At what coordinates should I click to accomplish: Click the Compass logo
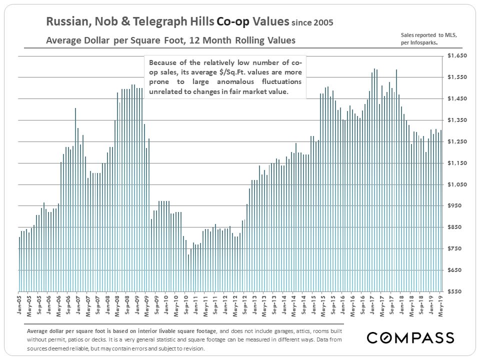tap(410, 337)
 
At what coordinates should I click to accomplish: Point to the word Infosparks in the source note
tap(423, 43)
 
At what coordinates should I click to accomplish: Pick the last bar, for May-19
tap(441, 210)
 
